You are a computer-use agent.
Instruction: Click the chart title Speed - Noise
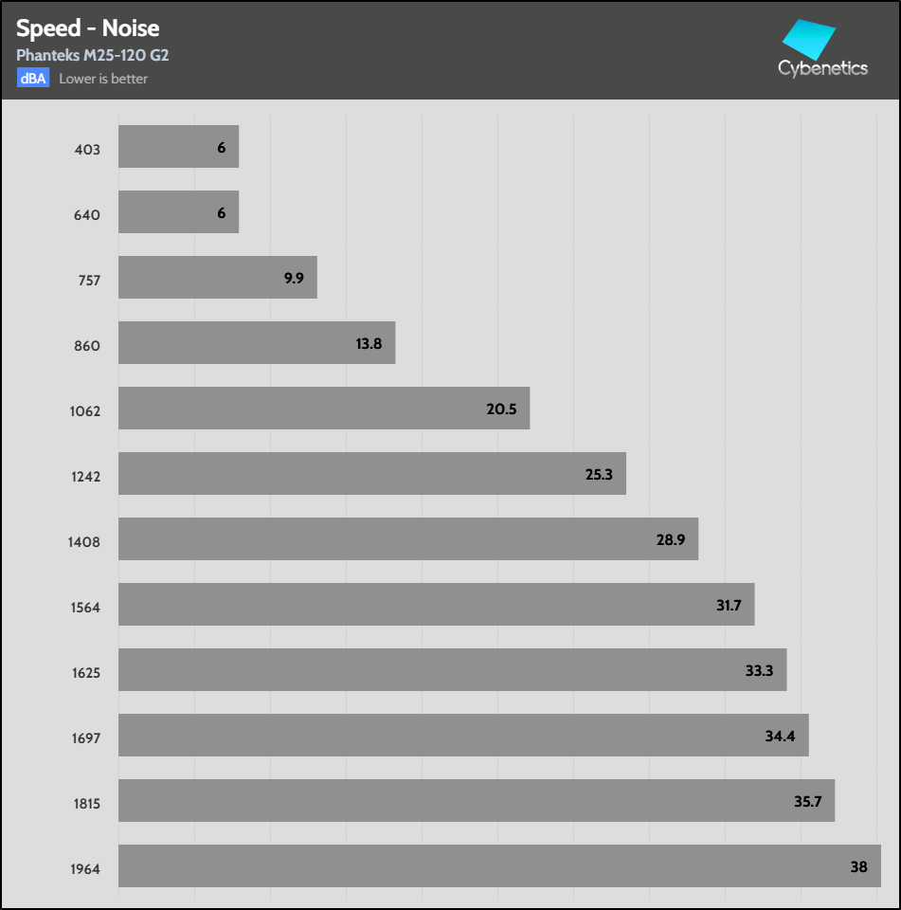pos(88,27)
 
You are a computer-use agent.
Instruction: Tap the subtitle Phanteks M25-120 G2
pos(93,55)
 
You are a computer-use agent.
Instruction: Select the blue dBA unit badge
pos(32,79)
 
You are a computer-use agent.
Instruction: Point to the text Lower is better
pos(103,79)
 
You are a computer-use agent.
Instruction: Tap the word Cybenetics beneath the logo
pos(822,69)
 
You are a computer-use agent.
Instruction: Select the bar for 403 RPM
pos(178,147)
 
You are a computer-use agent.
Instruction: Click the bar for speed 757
pos(217,278)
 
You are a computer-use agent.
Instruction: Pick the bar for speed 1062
pos(323,409)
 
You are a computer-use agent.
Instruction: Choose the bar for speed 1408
pos(407,539)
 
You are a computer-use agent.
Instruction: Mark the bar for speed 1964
pos(499,866)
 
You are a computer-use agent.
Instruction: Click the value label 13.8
pos(369,344)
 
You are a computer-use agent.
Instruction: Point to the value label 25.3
pos(599,475)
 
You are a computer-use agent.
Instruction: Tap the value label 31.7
pos(730,606)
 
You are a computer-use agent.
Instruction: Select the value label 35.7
pos(808,802)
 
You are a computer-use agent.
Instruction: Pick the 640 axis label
pos(86,215)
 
